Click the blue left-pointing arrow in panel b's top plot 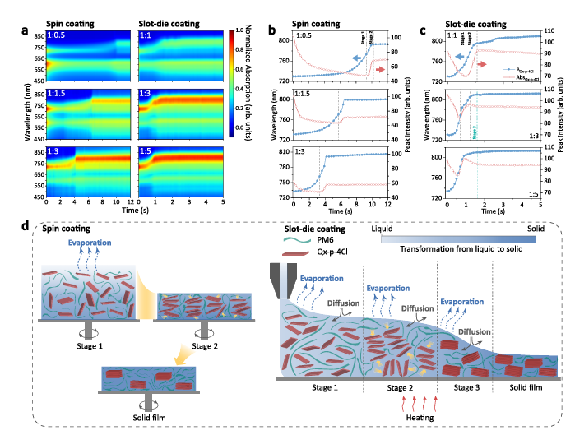pos(354,58)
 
